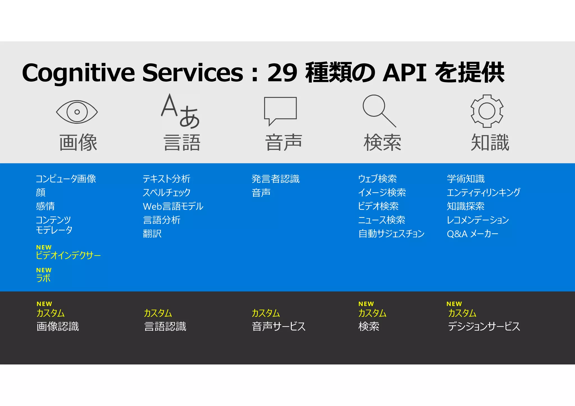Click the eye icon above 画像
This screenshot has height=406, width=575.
coord(77,112)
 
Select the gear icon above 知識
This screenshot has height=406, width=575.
coord(487,111)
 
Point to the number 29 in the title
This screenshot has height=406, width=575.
coord(282,73)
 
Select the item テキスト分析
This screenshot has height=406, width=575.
coord(166,179)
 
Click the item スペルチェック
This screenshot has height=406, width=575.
coord(166,192)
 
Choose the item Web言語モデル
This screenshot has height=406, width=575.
coord(173,206)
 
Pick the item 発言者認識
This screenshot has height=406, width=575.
coord(275,179)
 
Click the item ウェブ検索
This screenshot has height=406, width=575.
coord(377,179)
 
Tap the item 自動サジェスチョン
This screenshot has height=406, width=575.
coord(391,234)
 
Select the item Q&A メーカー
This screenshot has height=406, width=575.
coord(473,234)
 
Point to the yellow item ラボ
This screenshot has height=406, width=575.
coord(43,278)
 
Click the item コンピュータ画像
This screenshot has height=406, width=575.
coord(66,179)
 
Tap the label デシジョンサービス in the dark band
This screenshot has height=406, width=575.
coord(484,326)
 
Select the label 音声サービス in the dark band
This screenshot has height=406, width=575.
coord(279,326)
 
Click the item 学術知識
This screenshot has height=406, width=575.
coord(466,179)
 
